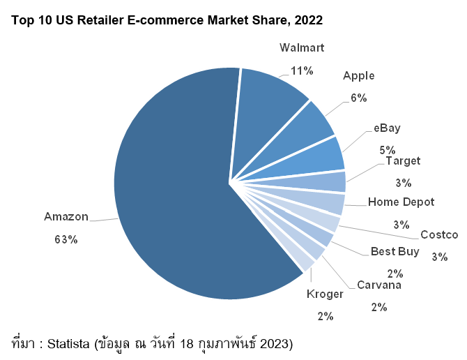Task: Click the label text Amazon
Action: (66, 216)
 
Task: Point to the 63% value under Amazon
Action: (66, 239)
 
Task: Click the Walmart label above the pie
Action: (302, 48)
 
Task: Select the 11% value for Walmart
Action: (302, 70)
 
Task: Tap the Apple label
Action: (358, 75)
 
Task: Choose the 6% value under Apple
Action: (359, 98)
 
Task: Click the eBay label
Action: (387, 128)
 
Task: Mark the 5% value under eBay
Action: (388, 149)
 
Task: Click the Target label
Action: (403, 161)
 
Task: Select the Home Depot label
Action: (401, 202)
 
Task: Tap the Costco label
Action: (439, 234)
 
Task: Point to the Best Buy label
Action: (395, 251)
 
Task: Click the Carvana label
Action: (379, 285)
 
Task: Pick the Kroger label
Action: (325, 294)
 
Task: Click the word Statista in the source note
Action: (73, 343)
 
